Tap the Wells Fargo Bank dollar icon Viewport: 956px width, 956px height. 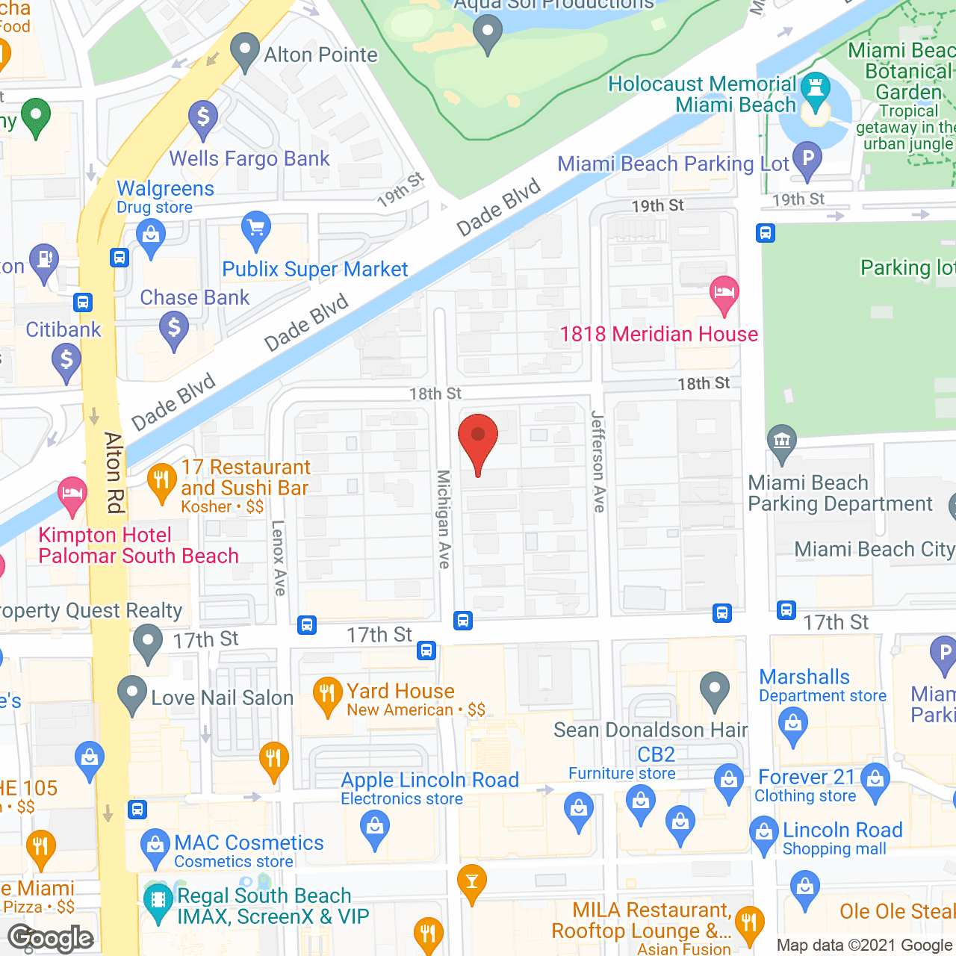tap(202, 119)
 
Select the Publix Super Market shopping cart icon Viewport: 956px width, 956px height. tap(255, 229)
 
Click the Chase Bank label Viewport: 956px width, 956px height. tap(194, 297)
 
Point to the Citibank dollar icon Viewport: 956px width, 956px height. tap(66, 361)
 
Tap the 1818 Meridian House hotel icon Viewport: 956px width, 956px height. tap(724, 293)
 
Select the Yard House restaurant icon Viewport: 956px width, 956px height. tap(327, 695)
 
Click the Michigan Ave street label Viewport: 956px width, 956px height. tap(444, 519)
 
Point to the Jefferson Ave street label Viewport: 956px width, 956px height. tap(598, 461)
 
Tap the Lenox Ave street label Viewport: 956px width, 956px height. tap(279, 557)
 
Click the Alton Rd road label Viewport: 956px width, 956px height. tap(114, 473)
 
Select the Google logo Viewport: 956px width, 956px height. tap(51, 938)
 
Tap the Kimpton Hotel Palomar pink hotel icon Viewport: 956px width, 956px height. tap(72, 495)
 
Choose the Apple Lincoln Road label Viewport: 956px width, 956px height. tap(429, 780)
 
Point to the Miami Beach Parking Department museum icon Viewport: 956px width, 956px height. tap(781, 441)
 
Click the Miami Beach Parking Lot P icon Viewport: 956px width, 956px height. tap(807, 159)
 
